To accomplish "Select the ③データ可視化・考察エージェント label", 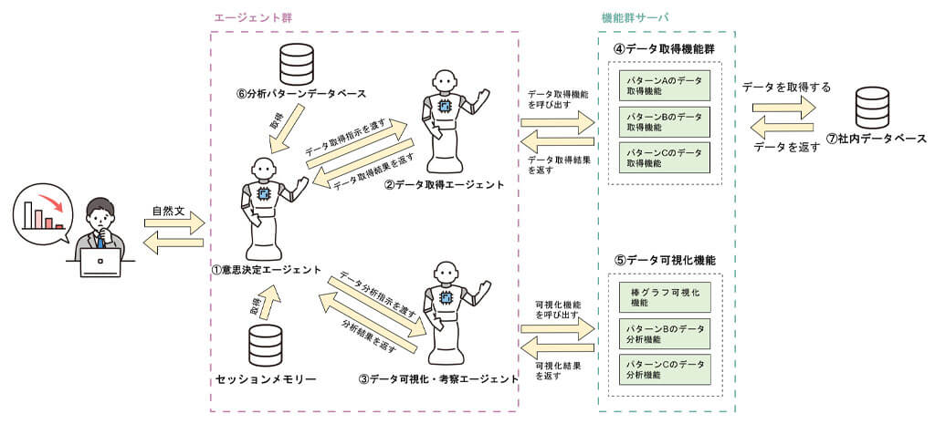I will pos(437,377).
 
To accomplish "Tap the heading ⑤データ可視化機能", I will pos(664,260).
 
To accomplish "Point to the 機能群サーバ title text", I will pos(635,16).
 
